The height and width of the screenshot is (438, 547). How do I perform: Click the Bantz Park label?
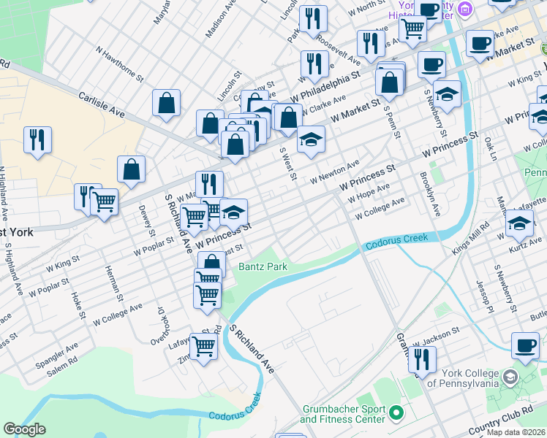click(263, 266)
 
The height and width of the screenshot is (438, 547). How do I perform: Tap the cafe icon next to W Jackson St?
click(524, 346)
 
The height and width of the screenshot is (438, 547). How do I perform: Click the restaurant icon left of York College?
click(421, 361)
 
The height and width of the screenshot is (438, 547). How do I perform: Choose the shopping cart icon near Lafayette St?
click(203, 346)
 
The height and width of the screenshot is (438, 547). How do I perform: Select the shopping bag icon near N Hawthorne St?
click(166, 102)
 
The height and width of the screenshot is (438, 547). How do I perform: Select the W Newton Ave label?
click(334, 172)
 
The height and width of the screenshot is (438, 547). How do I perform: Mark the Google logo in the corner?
click(24, 429)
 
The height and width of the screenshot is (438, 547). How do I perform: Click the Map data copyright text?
click(516, 432)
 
